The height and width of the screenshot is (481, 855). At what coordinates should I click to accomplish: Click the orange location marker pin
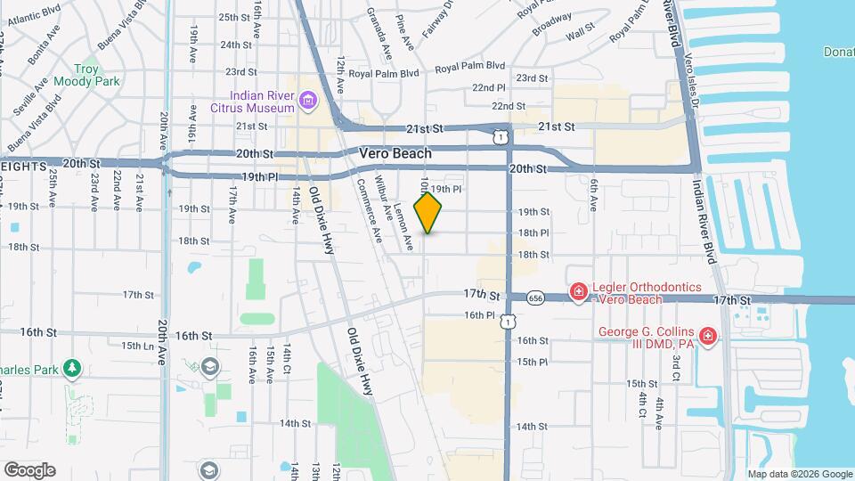coord(428,212)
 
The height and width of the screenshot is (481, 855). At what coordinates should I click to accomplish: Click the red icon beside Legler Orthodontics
coord(578,291)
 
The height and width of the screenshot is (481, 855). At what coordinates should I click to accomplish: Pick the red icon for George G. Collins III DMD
coord(708,336)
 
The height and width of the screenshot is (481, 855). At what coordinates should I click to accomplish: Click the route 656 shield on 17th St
coord(535,298)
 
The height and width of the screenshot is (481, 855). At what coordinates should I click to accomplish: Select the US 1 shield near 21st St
coord(501,135)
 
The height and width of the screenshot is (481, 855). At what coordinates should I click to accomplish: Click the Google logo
coord(29,469)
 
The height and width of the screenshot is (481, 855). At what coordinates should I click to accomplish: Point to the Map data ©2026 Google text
coord(800,474)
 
